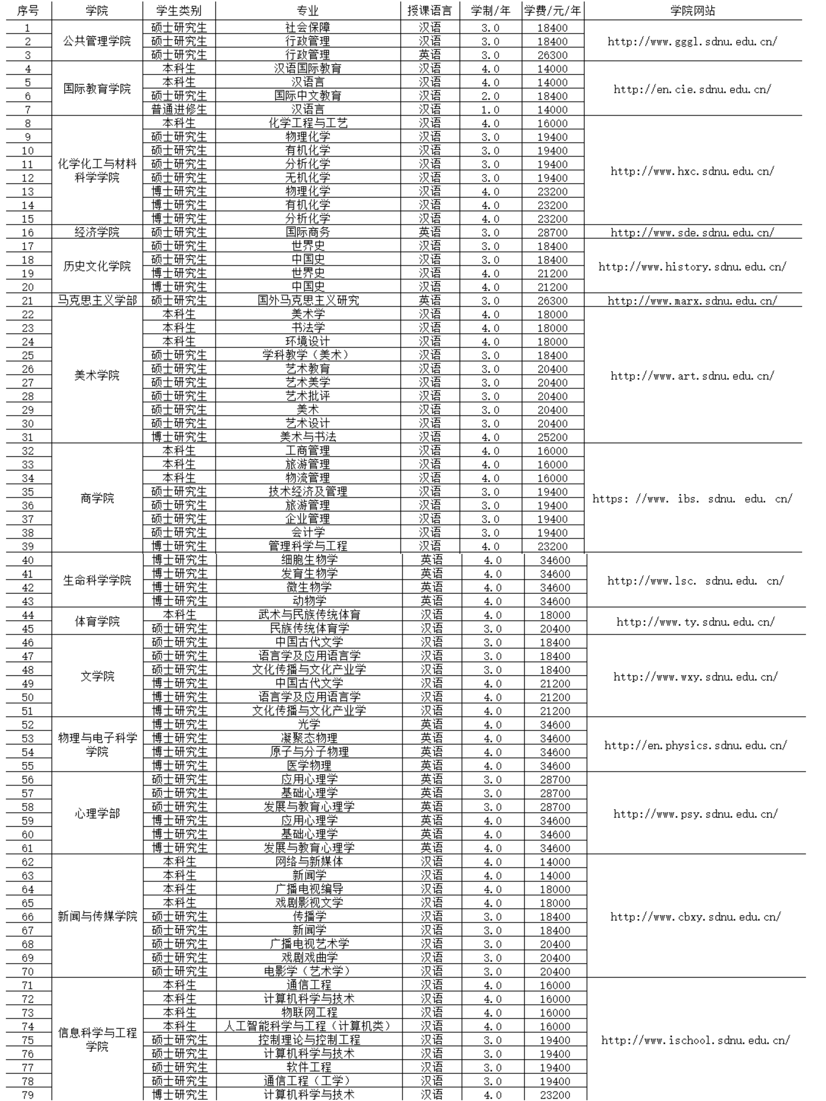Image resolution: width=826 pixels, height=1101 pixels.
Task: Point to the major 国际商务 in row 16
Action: point(308,232)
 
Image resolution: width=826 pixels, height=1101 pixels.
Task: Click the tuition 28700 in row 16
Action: point(553,232)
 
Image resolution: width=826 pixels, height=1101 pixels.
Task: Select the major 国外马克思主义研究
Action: point(308,300)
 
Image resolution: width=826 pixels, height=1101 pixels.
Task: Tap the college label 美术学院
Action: point(97,375)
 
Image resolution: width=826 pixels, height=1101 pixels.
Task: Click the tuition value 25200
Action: point(553,437)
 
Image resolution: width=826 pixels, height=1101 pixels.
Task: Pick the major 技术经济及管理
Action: point(308,491)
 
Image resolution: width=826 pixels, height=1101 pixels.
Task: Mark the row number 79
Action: point(28,1095)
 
